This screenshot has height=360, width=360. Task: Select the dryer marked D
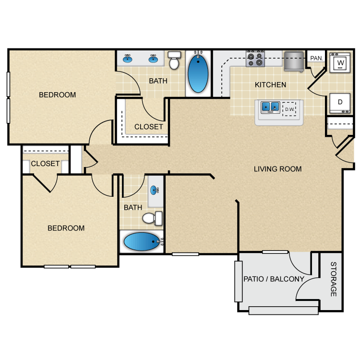click(340, 102)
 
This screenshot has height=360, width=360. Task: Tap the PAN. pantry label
click(316, 58)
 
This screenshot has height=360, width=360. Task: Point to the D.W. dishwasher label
click(289, 109)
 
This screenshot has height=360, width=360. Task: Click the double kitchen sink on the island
click(270, 107)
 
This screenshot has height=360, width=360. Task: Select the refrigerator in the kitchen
click(293, 61)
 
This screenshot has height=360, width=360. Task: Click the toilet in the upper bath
click(174, 61)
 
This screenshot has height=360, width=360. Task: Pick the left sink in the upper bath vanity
click(128, 59)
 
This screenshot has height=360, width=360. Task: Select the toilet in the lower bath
click(154, 218)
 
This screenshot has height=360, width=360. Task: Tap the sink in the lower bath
click(156, 191)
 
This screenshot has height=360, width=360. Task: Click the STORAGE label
click(333, 279)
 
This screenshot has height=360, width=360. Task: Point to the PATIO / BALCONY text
click(274, 279)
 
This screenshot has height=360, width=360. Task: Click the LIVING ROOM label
click(277, 168)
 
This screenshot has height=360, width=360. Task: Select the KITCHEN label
click(270, 85)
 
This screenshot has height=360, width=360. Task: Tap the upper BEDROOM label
click(57, 95)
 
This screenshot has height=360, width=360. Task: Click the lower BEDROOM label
click(66, 228)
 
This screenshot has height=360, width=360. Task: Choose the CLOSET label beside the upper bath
click(148, 127)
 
